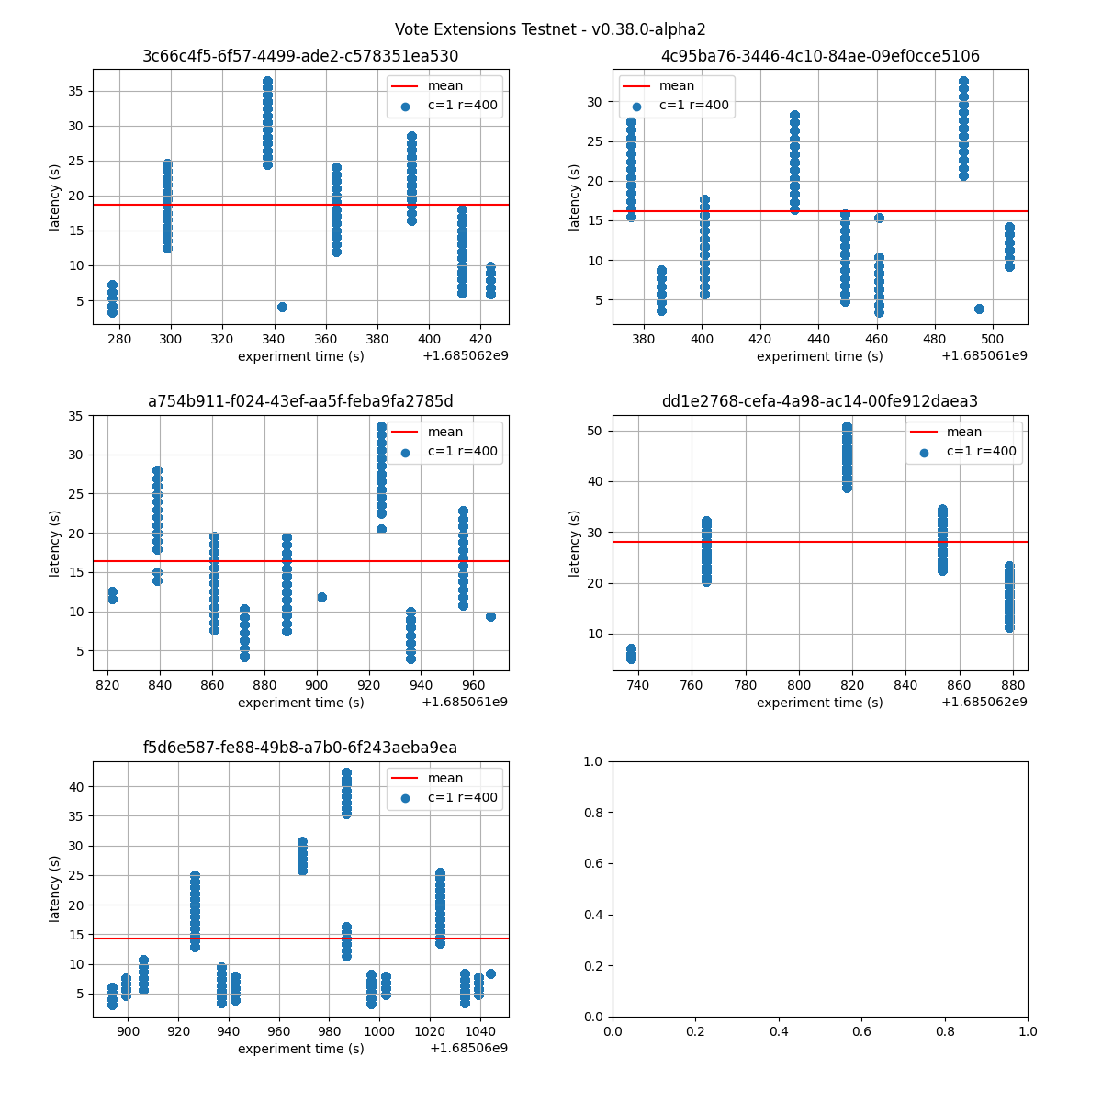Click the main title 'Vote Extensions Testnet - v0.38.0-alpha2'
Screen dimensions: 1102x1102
click(x=550, y=29)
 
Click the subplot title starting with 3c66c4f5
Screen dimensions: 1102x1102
click(x=300, y=56)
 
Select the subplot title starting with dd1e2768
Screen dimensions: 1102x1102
click(x=819, y=401)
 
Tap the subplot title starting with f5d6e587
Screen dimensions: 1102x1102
click(x=300, y=748)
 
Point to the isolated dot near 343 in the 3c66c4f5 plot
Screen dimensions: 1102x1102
click(x=282, y=307)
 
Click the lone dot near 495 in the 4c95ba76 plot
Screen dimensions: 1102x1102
click(x=979, y=309)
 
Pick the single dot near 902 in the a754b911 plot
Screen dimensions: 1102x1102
click(x=321, y=597)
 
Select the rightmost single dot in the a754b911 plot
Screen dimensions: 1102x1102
click(x=490, y=616)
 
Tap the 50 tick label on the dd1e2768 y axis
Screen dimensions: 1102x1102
click(x=597, y=431)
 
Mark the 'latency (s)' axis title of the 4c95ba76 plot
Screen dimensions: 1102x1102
click(x=574, y=197)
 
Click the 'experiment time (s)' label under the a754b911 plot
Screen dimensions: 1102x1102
click(x=300, y=703)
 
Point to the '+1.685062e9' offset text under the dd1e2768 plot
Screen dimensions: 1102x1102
click(x=984, y=703)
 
